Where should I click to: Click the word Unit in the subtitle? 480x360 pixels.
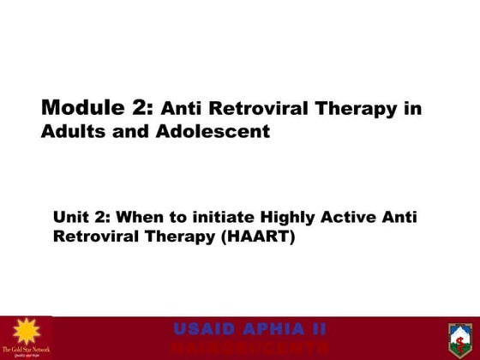71,218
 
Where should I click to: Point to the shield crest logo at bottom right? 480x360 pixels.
460,338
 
